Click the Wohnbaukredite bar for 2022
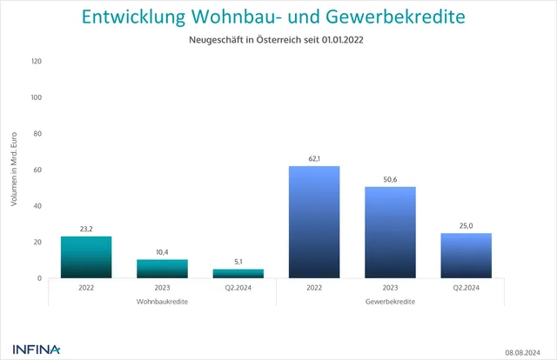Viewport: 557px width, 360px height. [x=86, y=257]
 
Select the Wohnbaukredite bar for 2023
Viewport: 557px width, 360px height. [x=162, y=269]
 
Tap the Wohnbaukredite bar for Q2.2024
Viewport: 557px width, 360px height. [x=238, y=274]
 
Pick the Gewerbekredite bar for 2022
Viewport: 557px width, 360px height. [x=314, y=223]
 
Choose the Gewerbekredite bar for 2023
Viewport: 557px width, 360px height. [x=390, y=233]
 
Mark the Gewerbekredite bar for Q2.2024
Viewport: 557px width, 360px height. [x=466, y=256]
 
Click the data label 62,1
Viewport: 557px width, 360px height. [x=314, y=158]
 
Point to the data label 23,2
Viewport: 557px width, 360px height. [x=86, y=229]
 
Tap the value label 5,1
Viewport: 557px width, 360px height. [x=238, y=262]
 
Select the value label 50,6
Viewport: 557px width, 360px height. [x=390, y=179]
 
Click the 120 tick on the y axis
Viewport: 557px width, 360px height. [x=36, y=62]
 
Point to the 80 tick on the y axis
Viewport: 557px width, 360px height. [x=37, y=134]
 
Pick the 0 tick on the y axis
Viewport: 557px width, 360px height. [x=39, y=278]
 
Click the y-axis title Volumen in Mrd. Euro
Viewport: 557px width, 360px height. [x=14, y=170]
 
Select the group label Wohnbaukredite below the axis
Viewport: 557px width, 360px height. [x=162, y=301]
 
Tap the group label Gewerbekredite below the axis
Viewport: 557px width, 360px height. [x=390, y=301]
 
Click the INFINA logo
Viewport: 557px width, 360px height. [x=37, y=350]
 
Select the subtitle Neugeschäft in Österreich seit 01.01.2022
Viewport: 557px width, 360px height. [x=278, y=40]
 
